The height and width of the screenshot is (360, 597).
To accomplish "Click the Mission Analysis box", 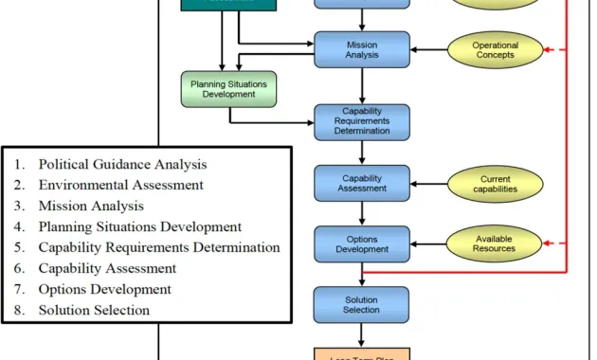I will coord(361,49).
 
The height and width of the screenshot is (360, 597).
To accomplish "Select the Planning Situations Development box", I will coord(228,89).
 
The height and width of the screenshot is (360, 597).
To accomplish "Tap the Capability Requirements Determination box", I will coord(361,121).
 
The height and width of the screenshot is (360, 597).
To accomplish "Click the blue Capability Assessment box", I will coord(361,182).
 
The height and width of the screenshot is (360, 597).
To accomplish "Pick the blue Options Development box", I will coord(361,244).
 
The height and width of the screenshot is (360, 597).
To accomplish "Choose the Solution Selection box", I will coord(361,304).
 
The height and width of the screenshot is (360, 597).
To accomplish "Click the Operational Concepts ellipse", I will coord(494,49).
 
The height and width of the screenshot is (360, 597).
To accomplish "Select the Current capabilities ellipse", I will coord(494,183).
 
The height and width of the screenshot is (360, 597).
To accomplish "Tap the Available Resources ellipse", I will coord(494,243).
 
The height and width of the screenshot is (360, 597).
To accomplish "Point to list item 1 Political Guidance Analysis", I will coord(122,164).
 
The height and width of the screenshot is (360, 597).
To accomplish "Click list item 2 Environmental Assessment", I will coord(120,185).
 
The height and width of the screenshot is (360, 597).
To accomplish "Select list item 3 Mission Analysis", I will coord(91,206).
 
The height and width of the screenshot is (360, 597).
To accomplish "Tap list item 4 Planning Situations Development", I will coord(139,226).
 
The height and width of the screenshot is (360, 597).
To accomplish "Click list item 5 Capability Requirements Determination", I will coord(158,247).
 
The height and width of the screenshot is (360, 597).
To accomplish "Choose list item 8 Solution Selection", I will coord(94,310).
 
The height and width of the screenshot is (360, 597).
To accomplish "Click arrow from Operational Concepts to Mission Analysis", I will coord(428,49).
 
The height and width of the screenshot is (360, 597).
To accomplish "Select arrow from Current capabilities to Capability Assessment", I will coord(428,183).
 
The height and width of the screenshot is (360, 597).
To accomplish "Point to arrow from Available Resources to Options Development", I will coord(428,244).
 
